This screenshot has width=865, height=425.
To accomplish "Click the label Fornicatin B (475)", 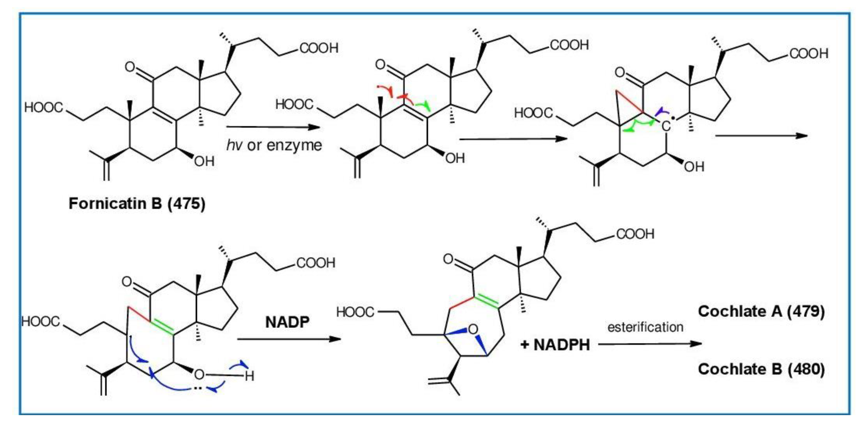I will pos(137,203).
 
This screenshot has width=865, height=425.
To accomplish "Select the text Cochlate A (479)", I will pos(761,311).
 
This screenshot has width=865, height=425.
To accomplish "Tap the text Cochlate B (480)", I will pos(761,369).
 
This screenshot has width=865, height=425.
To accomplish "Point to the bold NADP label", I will pos(287,322).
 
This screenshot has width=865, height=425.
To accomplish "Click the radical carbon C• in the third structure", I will pos(666,126).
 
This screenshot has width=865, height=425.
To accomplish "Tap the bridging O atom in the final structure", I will pos(473,330).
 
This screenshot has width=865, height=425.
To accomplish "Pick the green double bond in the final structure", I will pos(487,301).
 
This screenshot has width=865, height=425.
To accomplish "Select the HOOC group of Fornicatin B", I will pos(44,108).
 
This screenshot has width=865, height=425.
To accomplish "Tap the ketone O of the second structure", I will pos(380,64).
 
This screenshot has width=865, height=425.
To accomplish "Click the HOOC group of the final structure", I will pos(355,312).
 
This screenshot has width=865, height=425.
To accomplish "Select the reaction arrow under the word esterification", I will pos(650,344).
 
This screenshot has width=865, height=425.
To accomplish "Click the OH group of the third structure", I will pos(694,167).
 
